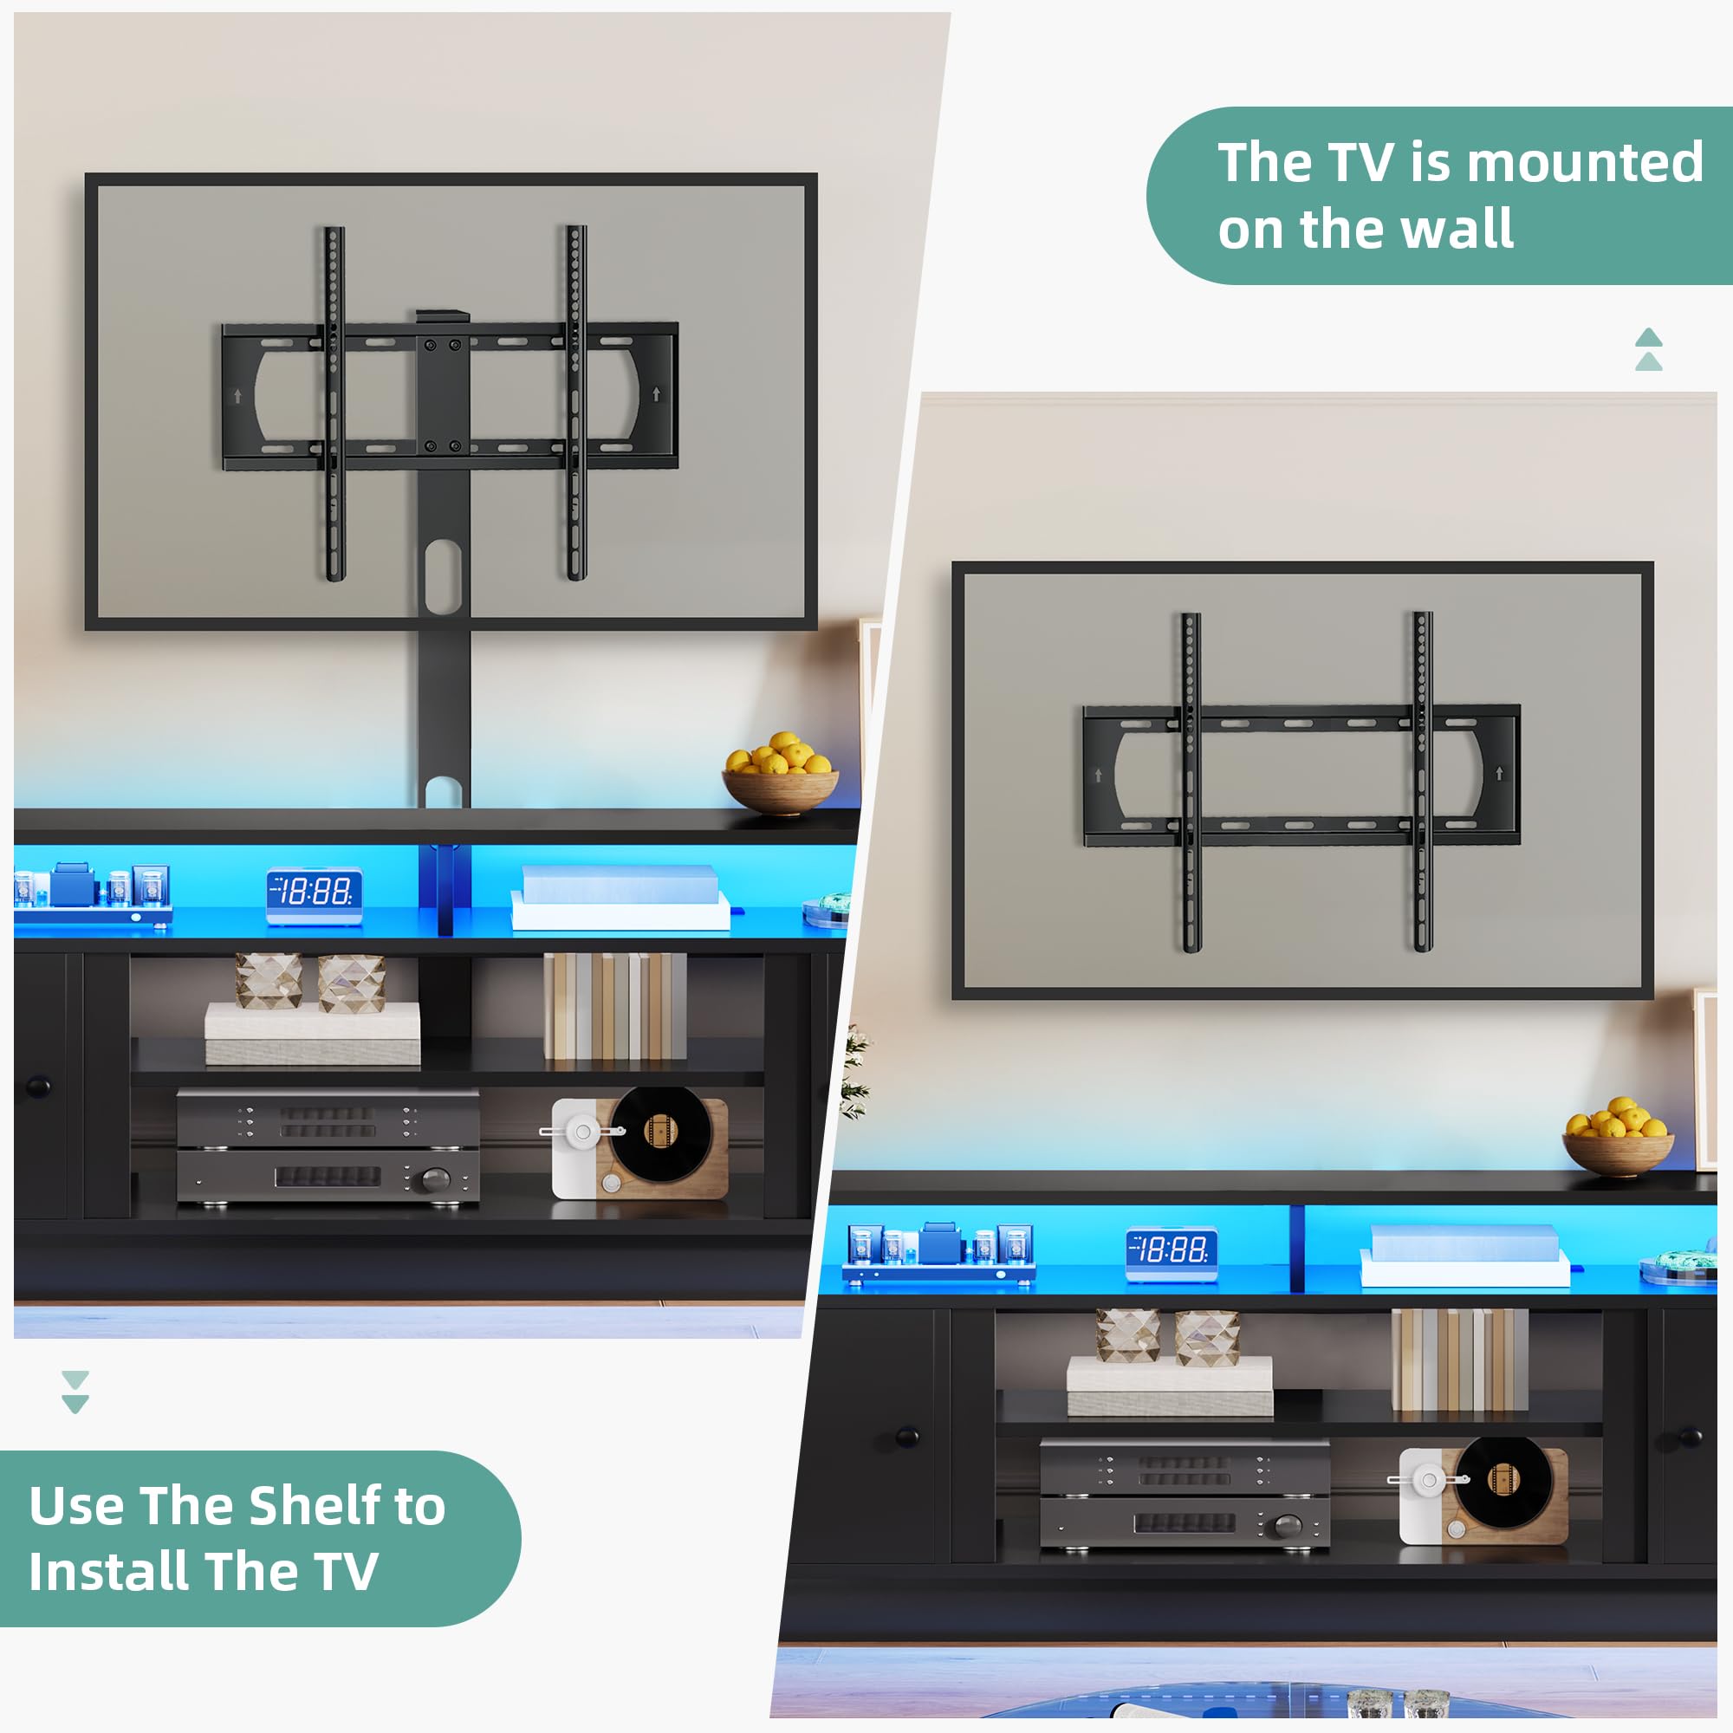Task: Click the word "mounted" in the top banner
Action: pos(1584,163)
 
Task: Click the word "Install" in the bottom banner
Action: pos(111,1573)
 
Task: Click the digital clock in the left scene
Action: pos(314,893)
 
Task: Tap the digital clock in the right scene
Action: pos(1172,1251)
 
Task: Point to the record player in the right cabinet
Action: pos(1483,1496)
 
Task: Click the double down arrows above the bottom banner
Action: pos(75,1392)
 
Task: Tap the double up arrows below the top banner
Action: pos(1649,350)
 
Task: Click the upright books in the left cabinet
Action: pos(614,1005)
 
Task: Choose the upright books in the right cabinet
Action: pos(1459,1360)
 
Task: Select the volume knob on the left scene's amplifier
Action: pos(436,1178)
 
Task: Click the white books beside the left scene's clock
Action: pos(620,898)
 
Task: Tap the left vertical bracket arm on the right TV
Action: pos(1191,782)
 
